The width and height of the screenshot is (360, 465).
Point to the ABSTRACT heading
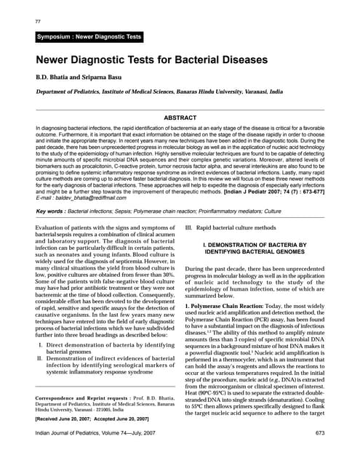(180, 116)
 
